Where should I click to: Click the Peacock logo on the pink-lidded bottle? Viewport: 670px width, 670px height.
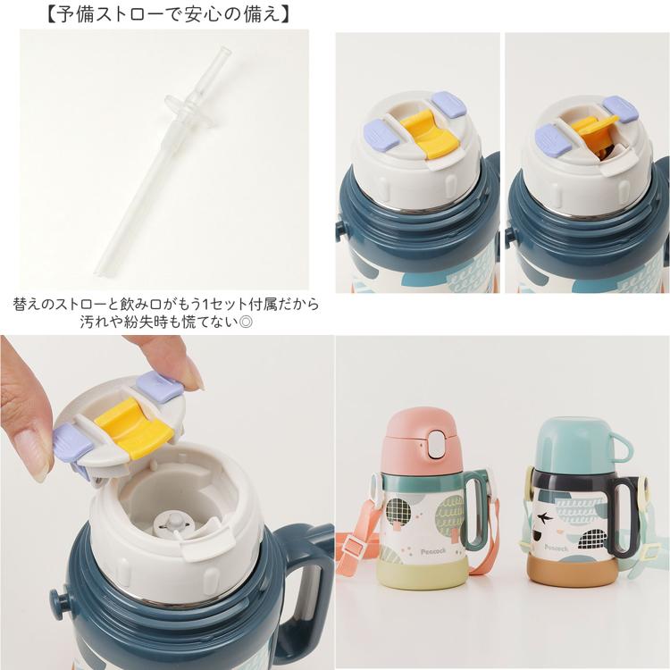433,552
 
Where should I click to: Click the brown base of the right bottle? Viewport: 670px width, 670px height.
572,569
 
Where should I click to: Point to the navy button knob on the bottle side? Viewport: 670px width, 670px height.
58,599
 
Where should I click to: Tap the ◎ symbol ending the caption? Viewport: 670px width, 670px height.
246,322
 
